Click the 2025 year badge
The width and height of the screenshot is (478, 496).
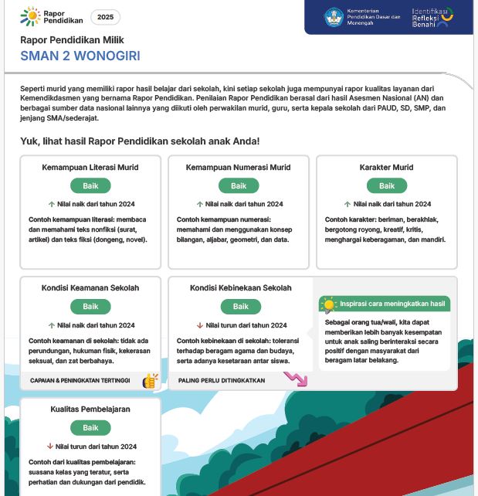[105, 17]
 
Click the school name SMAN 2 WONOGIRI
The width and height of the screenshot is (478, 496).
[80, 56]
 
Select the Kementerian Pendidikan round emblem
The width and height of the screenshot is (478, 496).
[334, 17]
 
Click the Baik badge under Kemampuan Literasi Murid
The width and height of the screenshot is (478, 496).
[90, 185]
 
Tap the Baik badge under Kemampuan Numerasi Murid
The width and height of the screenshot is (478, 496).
[239, 185]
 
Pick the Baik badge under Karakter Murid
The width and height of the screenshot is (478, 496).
[387, 185]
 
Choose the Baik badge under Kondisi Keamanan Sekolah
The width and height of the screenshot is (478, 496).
[90, 307]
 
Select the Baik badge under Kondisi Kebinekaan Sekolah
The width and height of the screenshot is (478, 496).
[241, 307]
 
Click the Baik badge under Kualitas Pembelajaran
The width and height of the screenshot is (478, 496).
[90, 428]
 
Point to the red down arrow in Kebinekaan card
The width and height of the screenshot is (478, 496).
[200, 325]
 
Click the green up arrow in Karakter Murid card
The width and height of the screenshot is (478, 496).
[348, 205]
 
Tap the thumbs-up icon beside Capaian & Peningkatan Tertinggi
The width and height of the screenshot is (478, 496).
[151, 380]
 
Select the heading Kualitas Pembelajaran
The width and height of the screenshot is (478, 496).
[90, 409]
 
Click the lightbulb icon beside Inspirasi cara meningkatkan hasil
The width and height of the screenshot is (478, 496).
[329, 304]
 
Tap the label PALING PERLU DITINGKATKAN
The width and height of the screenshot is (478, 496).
[222, 381]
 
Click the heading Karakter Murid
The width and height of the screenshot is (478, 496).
[386, 168]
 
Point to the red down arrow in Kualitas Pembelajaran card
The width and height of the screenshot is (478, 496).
[50, 447]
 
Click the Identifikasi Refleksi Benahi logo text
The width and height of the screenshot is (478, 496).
[432, 18]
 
